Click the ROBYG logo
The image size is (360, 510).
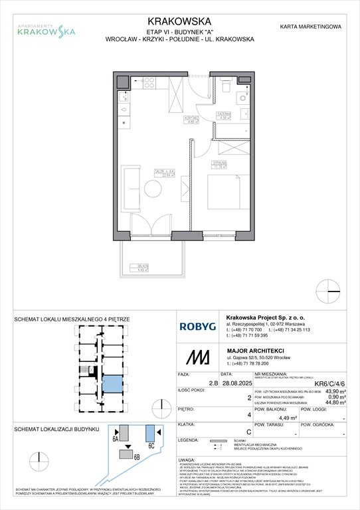[x=197, y=327]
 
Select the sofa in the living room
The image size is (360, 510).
[x=131, y=181]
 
